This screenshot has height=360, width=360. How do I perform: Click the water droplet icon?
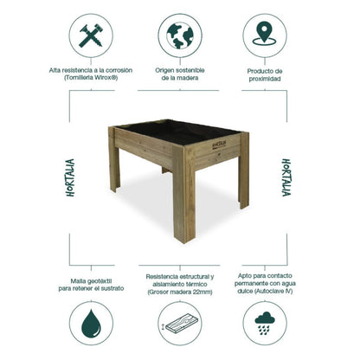click(89, 326)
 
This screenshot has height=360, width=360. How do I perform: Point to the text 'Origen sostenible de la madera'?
click(180, 73)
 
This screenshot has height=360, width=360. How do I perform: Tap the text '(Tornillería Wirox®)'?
click(89, 78)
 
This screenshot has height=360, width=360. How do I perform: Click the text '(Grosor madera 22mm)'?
click(180, 292)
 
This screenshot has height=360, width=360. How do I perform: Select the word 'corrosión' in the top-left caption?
click(125, 68)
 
